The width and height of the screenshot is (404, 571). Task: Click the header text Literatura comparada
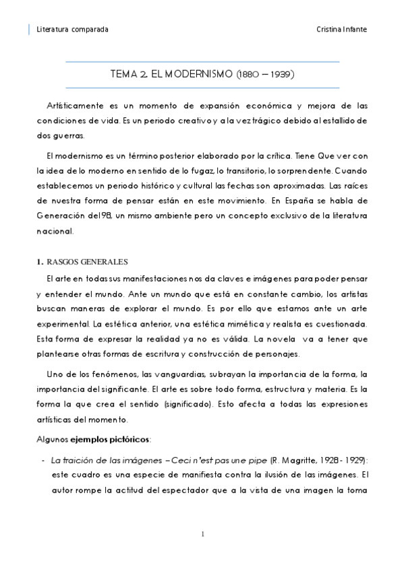[72, 30]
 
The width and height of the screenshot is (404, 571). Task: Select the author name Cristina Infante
[342, 30]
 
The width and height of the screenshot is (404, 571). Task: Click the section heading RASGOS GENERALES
[87, 262]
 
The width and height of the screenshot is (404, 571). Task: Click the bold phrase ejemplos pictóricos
[110, 440]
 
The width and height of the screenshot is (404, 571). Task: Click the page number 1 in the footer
[202, 535]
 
